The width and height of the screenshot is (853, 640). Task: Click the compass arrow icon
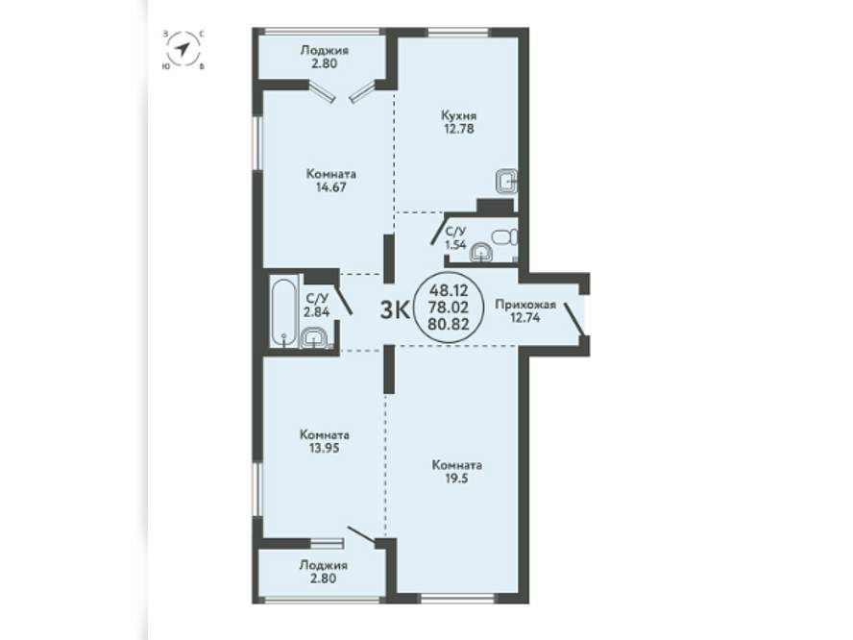pos(183,50)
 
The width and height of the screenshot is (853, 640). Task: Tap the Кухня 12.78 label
pos(459,122)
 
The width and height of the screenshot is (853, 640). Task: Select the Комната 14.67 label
pos(331,181)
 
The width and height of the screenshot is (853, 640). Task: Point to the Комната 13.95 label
pos(325,442)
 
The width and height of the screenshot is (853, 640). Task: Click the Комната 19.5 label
pos(457,472)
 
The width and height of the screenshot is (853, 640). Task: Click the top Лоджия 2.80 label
pos(325,57)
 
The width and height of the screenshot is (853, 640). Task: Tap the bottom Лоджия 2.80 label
pos(324,572)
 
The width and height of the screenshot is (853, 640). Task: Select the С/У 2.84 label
pos(317,305)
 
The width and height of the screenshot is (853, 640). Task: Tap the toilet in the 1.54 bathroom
pos(504,237)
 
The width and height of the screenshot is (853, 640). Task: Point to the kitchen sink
pos(506,182)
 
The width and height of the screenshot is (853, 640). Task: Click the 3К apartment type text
pos(395,310)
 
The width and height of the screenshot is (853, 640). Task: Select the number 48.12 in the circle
pos(449,288)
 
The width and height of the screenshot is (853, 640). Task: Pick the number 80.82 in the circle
pos(449,325)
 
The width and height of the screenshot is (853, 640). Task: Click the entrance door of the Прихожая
pos(574,319)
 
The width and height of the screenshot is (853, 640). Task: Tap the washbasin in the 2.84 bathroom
pos(313,338)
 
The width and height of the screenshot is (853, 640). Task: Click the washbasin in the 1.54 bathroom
pos(481,253)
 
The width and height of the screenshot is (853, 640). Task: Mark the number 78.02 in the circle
pos(449,307)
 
